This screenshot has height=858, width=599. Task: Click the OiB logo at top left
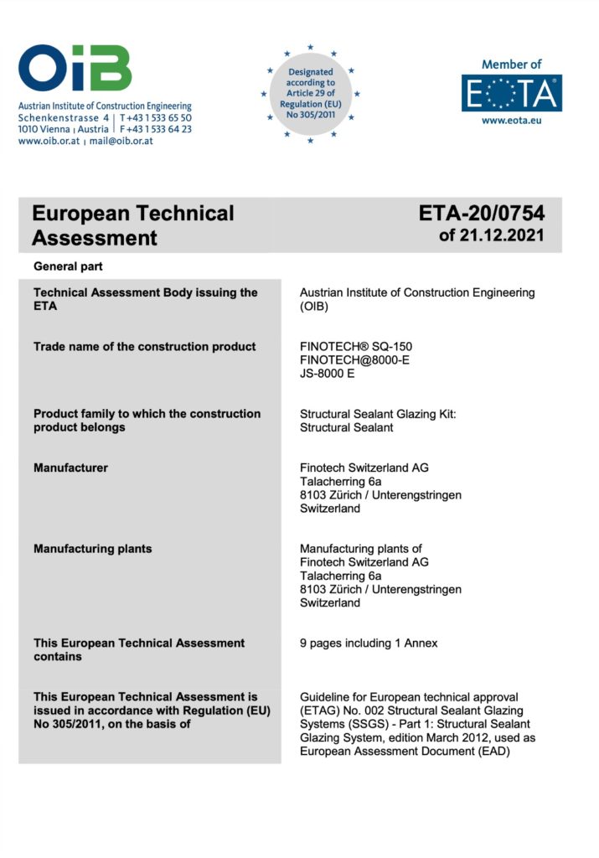click(x=75, y=68)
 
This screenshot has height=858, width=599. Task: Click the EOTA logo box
click(x=511, y=93)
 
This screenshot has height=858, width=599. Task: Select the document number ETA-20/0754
click(x=482, y=214)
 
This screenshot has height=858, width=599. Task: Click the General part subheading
click(x=68, y=266)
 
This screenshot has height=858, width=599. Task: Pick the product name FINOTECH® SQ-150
click(x=356, y=347)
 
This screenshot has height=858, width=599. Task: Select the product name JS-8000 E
click(x=328, y=374)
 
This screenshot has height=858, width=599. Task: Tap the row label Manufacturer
click(x=70, y=468)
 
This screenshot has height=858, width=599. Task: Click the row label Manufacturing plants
click(x=92, y=549)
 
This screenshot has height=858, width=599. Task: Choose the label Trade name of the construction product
click(x=144, y=347)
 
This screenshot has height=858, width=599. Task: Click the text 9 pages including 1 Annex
click(x=369, y=643)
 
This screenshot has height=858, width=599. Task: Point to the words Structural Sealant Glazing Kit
click(x=377, y=414)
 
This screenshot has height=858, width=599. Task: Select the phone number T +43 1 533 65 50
click(x=156, y=118)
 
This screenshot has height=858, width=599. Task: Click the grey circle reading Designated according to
click(x=310, y=94)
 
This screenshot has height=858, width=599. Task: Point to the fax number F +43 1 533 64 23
click(x=156, y=130)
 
